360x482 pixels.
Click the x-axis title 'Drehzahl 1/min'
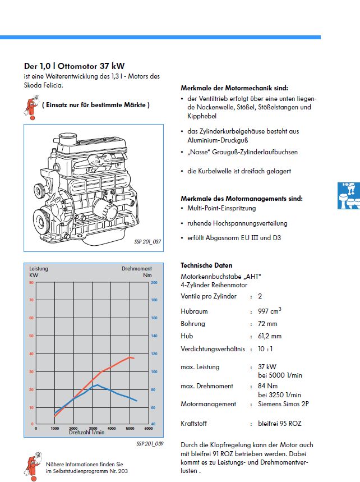pos(87,433)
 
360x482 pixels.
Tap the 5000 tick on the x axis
pos(130,428)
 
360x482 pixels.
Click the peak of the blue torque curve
pos(97,385)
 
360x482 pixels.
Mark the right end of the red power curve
pos(134,357)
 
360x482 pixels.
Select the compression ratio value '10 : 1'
pos(266,350)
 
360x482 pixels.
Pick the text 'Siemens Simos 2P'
pos(283,404)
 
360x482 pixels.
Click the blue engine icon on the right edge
pos(348,196)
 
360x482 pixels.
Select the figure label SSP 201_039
pos(149,443)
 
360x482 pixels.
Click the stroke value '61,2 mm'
pos(270,336)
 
